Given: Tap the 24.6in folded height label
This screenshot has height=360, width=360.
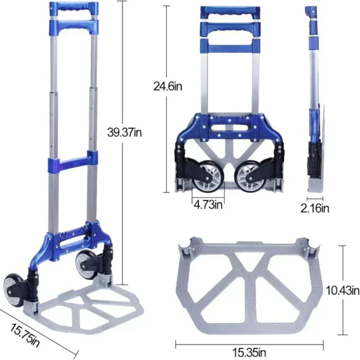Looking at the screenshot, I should point(168,86).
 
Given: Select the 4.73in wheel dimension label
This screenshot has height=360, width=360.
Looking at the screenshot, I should point(209,204).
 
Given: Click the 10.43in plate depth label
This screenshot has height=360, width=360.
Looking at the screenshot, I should point(341,290).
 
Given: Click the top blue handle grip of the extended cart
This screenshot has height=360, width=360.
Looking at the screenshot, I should point(71,9).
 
